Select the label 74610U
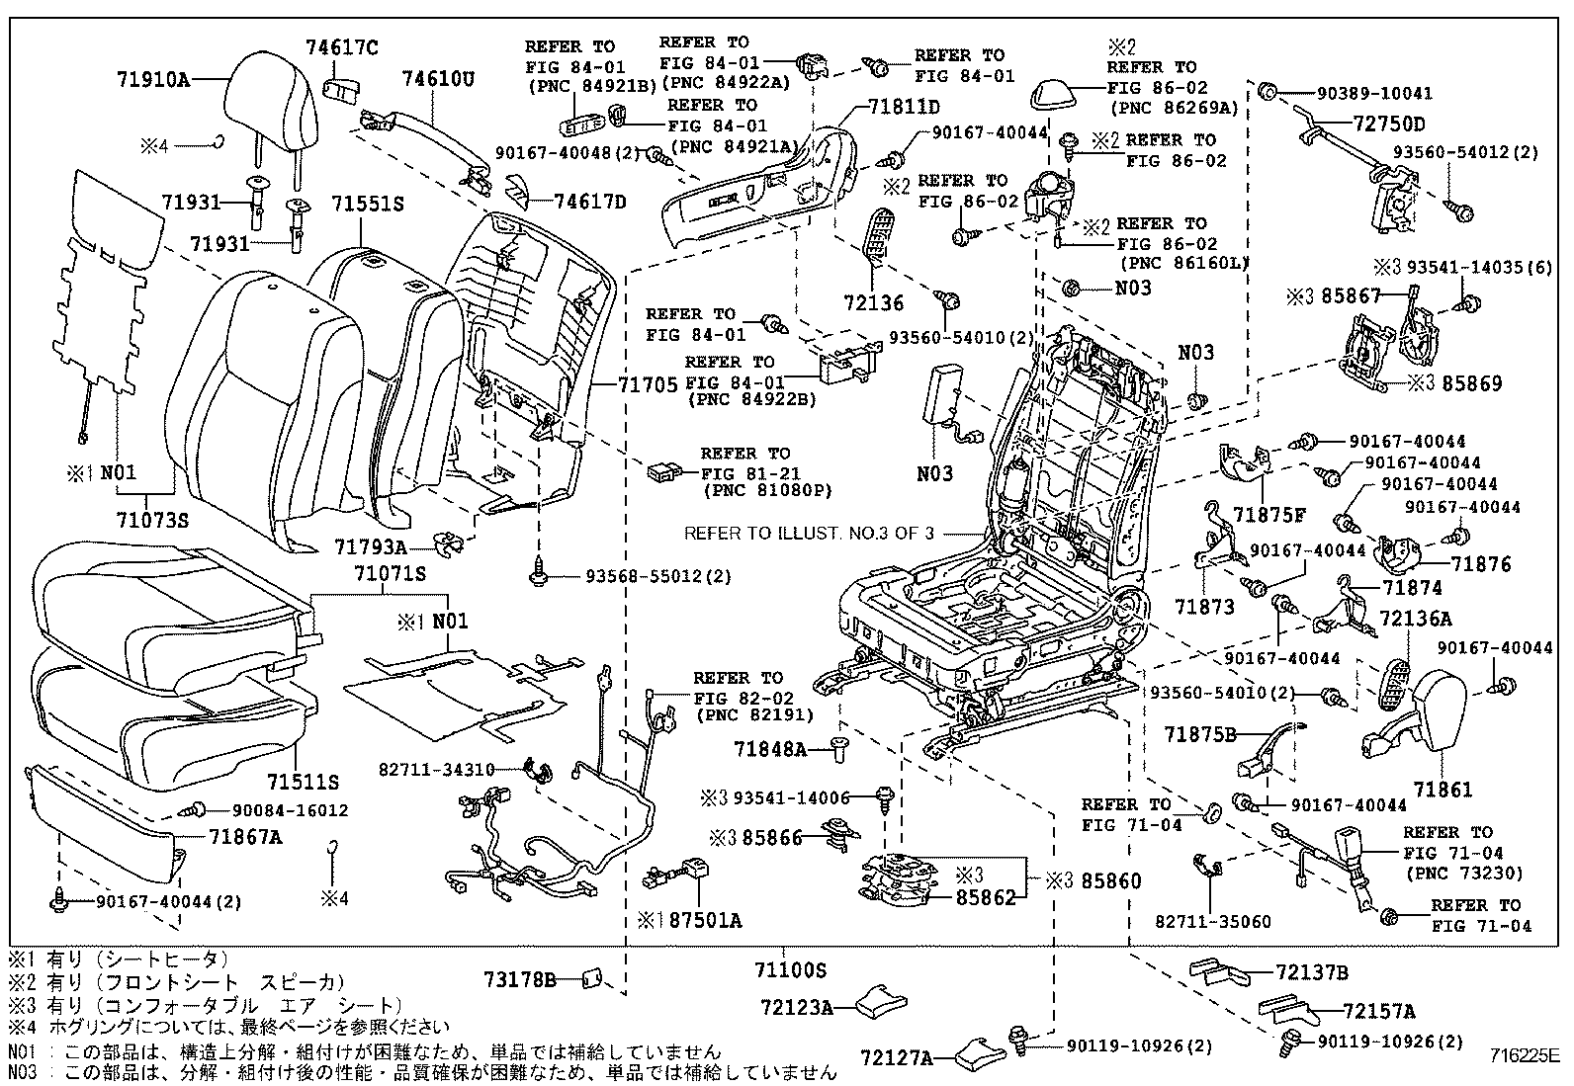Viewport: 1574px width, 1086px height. click(438, 79)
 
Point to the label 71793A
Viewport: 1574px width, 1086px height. click(371, 546)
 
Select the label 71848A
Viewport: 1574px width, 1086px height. click(770, 750)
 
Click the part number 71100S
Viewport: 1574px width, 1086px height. click(789, 971)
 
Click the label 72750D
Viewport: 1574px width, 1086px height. click(1362, 124)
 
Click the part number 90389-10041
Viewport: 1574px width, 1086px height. click(1374, 93)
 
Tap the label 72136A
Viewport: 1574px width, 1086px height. click(1416, 619)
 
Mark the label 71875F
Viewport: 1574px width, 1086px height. click(1269, 514)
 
